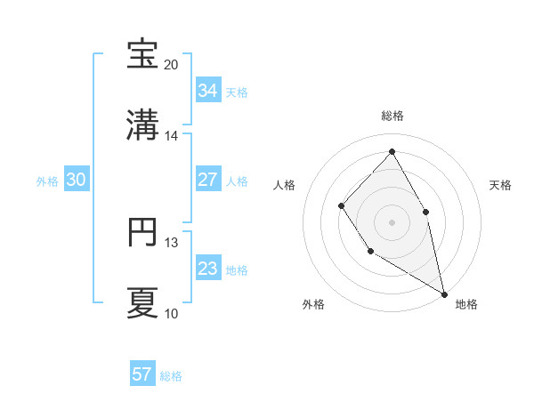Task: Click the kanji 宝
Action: click(x=142, y=54)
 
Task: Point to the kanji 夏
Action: click(x=142, y=302)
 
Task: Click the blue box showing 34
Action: click(x=208, y=90)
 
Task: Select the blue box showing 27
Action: click(x=208, y=179)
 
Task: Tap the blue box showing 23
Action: click(x=208, y=268)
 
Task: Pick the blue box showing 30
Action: click(x=77, y=179)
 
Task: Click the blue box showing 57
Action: click(x=142, y=374)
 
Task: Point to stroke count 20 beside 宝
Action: click(x=172, y=65)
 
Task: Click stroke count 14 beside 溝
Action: click(x=172, y=136)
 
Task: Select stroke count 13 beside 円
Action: click(x=172, y=242)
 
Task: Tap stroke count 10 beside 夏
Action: click(x=172, y=313)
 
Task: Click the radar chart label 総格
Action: click(x=392, y=116)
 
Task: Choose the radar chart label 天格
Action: click(x=501, y=185)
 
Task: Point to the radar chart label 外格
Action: click(x=313, y=304)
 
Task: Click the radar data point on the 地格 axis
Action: click(x=444, y=293)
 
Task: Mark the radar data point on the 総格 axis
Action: click(x=392, y=151)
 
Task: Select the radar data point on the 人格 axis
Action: click(x=342, y=206)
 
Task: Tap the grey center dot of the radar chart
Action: click(x=392, y=222)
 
